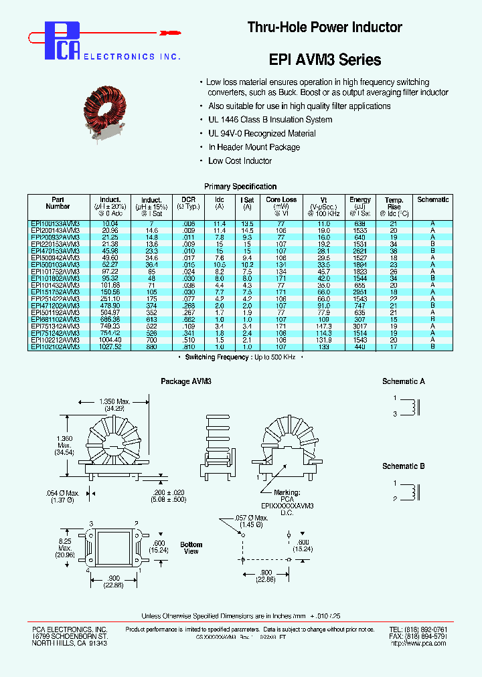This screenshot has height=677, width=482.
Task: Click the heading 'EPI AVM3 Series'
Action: (x=325, y=60)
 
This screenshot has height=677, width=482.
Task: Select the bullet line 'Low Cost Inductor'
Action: (x=240, y=161)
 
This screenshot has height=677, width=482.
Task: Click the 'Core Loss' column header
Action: (x=281, y=199)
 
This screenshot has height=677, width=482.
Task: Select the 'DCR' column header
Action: (x=187, y=199)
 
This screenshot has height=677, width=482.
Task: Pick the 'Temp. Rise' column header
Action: (x=394, y=203)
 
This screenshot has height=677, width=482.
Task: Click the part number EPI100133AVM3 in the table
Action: (x=56, y=223)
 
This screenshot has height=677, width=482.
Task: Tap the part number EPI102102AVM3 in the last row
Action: (x=56, y=347)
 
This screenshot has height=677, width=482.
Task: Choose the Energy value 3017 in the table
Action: (x=360, y=326)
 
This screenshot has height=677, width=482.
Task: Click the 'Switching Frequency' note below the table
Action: (x=240, y=358)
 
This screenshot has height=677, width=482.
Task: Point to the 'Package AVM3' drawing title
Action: (x=185, y=381)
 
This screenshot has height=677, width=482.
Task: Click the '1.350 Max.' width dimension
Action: (x=115, y=401)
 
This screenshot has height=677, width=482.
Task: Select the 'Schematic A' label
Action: (x=404, y=381)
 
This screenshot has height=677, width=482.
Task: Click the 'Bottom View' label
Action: (x=191, y=548)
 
